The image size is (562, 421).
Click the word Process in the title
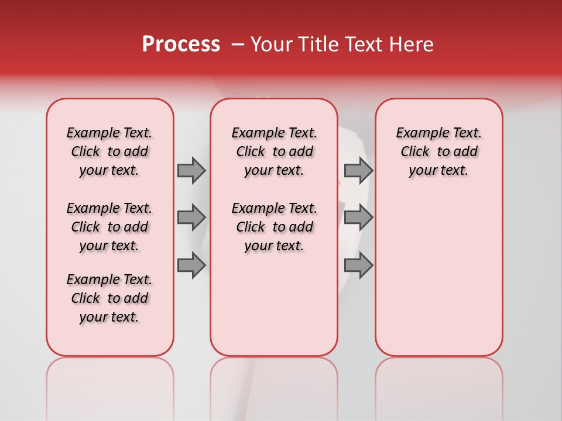click(x=181, y=44)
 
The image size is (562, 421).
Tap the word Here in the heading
click(x=412, y=44)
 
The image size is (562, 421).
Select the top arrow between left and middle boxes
click(x=191, y=170)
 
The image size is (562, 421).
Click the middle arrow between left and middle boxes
click(x=191, y=218)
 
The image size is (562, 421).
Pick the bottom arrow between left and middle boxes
click(x=191, y=265)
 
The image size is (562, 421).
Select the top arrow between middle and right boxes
click(x=358, y=170)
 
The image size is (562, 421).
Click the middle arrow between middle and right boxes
click(x=358, y=218)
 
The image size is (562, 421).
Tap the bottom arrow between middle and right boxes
click(x=358, y=265)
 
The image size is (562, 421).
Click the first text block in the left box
click(x=109, y=151)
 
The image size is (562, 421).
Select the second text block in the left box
click(x=109, y=227)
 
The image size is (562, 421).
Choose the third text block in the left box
click(x=109, y=298)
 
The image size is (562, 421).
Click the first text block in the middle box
click(x=274, y=151)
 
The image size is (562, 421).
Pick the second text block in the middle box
click(x=274, y=227)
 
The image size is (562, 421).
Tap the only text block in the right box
click(x=438, y=151)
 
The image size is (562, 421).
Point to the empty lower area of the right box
click(x=438, y=275)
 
